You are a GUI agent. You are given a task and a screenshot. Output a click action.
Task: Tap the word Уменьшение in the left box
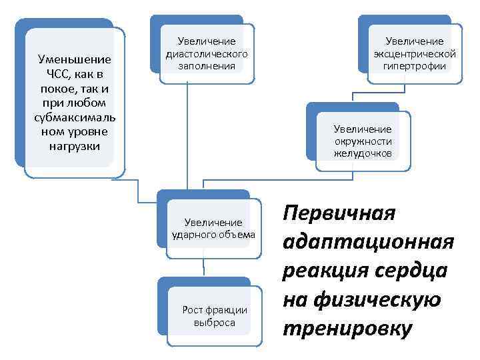coord(75,59)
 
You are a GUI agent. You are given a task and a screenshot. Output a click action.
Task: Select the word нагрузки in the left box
coord(74,146)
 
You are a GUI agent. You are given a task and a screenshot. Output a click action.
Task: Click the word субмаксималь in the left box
coord(75,117)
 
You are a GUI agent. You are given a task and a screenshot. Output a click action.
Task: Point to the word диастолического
coord(207,53)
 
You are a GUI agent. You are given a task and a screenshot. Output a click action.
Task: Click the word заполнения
coord(207,65)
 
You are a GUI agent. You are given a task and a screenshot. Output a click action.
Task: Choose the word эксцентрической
coord(415,53)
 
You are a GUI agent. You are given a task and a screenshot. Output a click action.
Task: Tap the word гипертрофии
coord(415,65)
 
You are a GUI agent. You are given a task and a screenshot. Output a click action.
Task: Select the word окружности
coord(363,141)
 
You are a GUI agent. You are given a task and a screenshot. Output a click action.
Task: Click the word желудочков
coord(363,153)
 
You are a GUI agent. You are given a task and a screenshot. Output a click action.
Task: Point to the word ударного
coord(193,234)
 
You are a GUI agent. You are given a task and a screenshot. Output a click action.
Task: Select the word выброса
coord(214,322)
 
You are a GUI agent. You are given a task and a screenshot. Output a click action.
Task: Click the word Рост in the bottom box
coord(193,309)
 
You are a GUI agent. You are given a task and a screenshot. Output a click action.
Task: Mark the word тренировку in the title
coord(347,329)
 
